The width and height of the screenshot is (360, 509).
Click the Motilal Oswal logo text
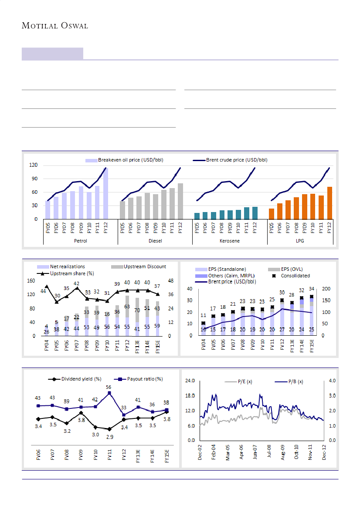click(x=55, y=26)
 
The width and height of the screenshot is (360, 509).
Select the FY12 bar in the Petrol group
click(x=105, y=194)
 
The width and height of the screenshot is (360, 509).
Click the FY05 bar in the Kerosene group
click(x=197, y=216)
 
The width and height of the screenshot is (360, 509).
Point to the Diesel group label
click(x=155, y=240)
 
